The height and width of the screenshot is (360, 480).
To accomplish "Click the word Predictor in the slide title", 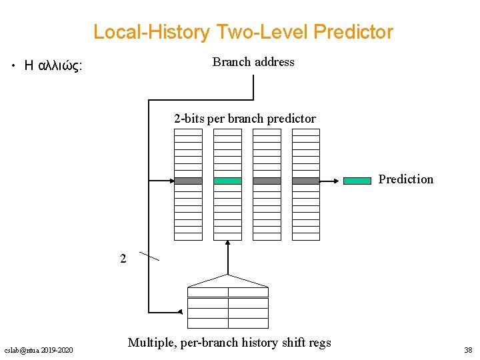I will click(x=353, y=32).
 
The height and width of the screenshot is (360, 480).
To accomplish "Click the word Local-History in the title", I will click(x=151, y=32).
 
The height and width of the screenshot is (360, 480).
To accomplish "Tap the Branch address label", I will click(x=253, y=62).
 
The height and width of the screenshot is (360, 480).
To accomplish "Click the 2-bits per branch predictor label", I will click(x=245, y=119).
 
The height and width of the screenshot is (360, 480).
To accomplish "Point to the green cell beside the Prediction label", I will click(x=357, y=180).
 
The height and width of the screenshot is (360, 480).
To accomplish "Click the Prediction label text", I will click(x=405, y=179).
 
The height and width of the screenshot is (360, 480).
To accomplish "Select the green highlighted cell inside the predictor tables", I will click(x=227, y=181).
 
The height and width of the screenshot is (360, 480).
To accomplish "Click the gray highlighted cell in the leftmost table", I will click(x=188, y=181).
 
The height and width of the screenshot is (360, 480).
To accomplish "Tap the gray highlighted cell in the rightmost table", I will click(x=306, y=181).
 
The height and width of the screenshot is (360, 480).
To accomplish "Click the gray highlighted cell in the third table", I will click(x=267, y=181).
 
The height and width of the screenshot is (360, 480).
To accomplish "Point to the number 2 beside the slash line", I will click(x=123, y=259).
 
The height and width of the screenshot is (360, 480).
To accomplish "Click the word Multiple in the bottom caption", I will click(x=151, y=343).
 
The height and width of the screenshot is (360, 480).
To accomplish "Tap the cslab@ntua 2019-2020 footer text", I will click(x=39, y=350).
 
